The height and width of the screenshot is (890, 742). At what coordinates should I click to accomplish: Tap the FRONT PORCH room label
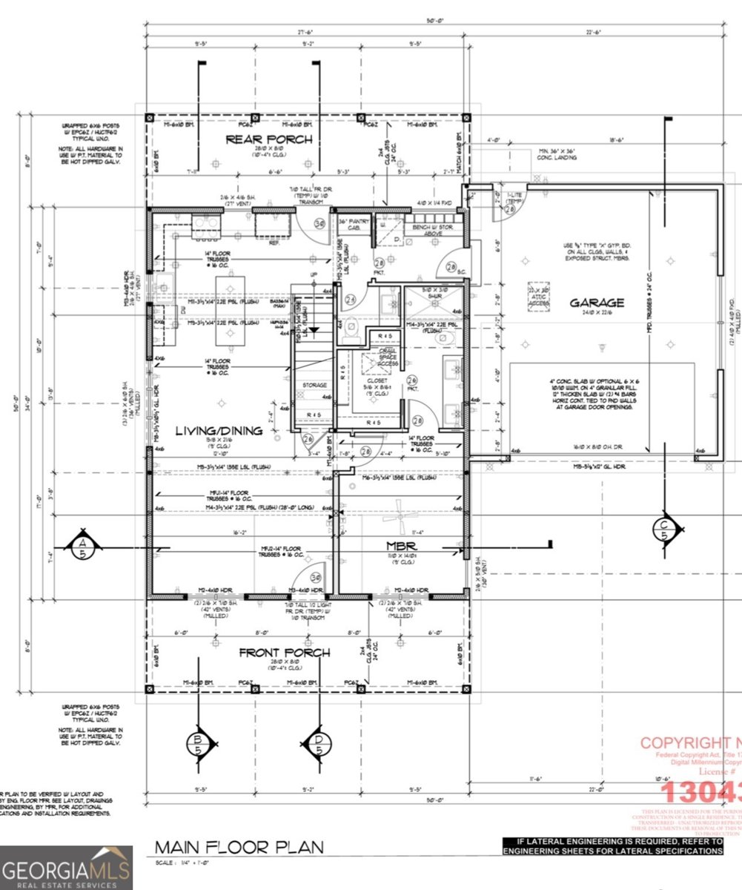pyautogui.click(x=284, y=653)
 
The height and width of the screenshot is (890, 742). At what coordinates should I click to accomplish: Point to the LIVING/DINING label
pyautogui.click(x=219, y=431)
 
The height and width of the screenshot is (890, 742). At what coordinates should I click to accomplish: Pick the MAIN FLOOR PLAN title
pyautogui.click(x=238, y=846)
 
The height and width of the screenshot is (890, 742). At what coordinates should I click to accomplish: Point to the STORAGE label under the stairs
pyautogui.click(x=314, y=386)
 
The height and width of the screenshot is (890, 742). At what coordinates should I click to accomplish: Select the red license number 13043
pyautogui.click(x=700, y=791)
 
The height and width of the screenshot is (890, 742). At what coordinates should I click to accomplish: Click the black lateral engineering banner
pyautogui.click(x=612, y=846)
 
